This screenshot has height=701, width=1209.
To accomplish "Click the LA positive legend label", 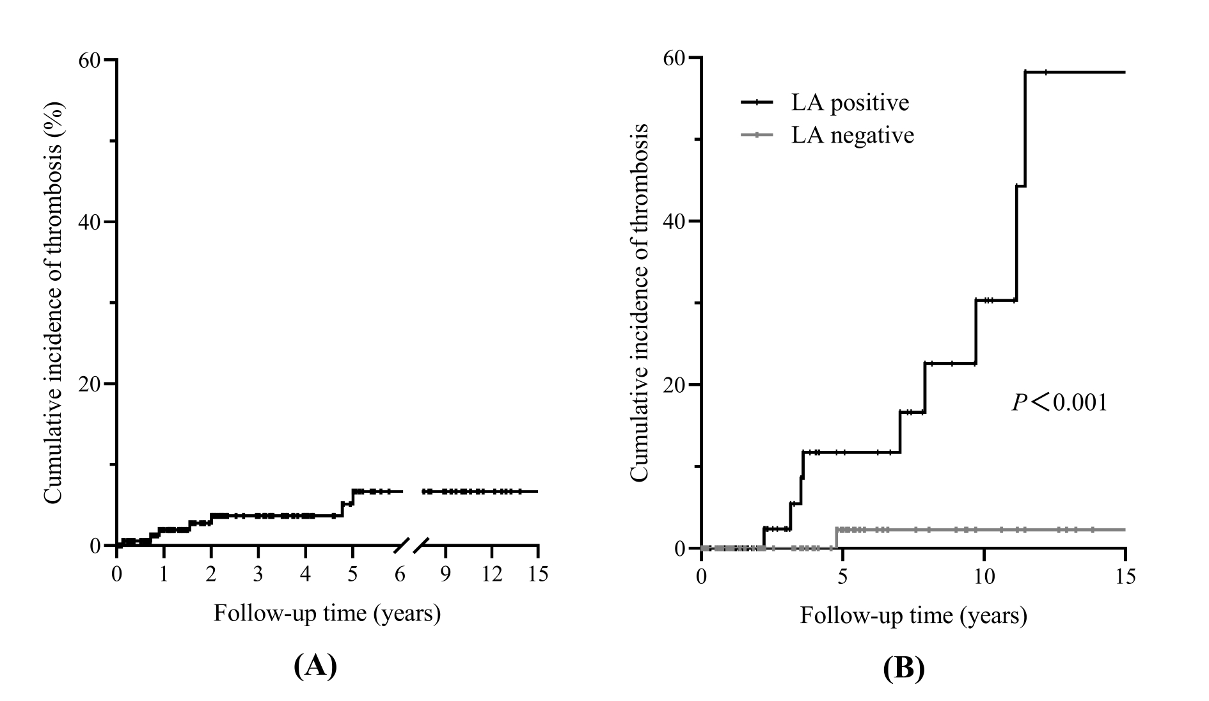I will coord(850,102).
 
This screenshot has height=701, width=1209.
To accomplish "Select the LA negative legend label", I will coord(853,135).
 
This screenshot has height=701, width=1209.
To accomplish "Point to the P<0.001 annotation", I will coord(1059,402).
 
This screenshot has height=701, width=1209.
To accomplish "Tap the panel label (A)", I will coord(315,666).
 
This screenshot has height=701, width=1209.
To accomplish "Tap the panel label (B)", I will coord(903,668).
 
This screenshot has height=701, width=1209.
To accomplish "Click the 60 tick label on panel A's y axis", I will coord(90,60).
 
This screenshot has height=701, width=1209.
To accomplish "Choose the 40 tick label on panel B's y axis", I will coord(674,221).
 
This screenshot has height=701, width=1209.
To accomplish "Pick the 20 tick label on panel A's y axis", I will coord(90,384).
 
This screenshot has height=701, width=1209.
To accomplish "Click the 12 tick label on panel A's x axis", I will coord(491,574).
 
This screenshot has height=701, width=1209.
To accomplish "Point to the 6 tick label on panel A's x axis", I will coord(400,574).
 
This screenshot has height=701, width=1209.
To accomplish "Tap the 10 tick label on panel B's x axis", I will coord(984,576).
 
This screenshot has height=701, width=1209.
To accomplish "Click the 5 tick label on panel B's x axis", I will coord(842,576).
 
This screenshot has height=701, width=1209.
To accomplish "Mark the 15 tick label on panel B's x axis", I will coord(1125,576).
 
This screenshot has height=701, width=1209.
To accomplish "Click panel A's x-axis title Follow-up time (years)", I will coord(327,613).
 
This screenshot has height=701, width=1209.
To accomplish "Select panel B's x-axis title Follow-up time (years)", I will coord(913,615).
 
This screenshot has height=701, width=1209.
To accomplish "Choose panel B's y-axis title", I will coord(640,302).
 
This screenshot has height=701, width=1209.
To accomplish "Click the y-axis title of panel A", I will coord(54,302).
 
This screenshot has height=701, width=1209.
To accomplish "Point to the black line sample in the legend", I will coord(757,102).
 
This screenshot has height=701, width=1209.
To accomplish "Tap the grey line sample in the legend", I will coord(757,135).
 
